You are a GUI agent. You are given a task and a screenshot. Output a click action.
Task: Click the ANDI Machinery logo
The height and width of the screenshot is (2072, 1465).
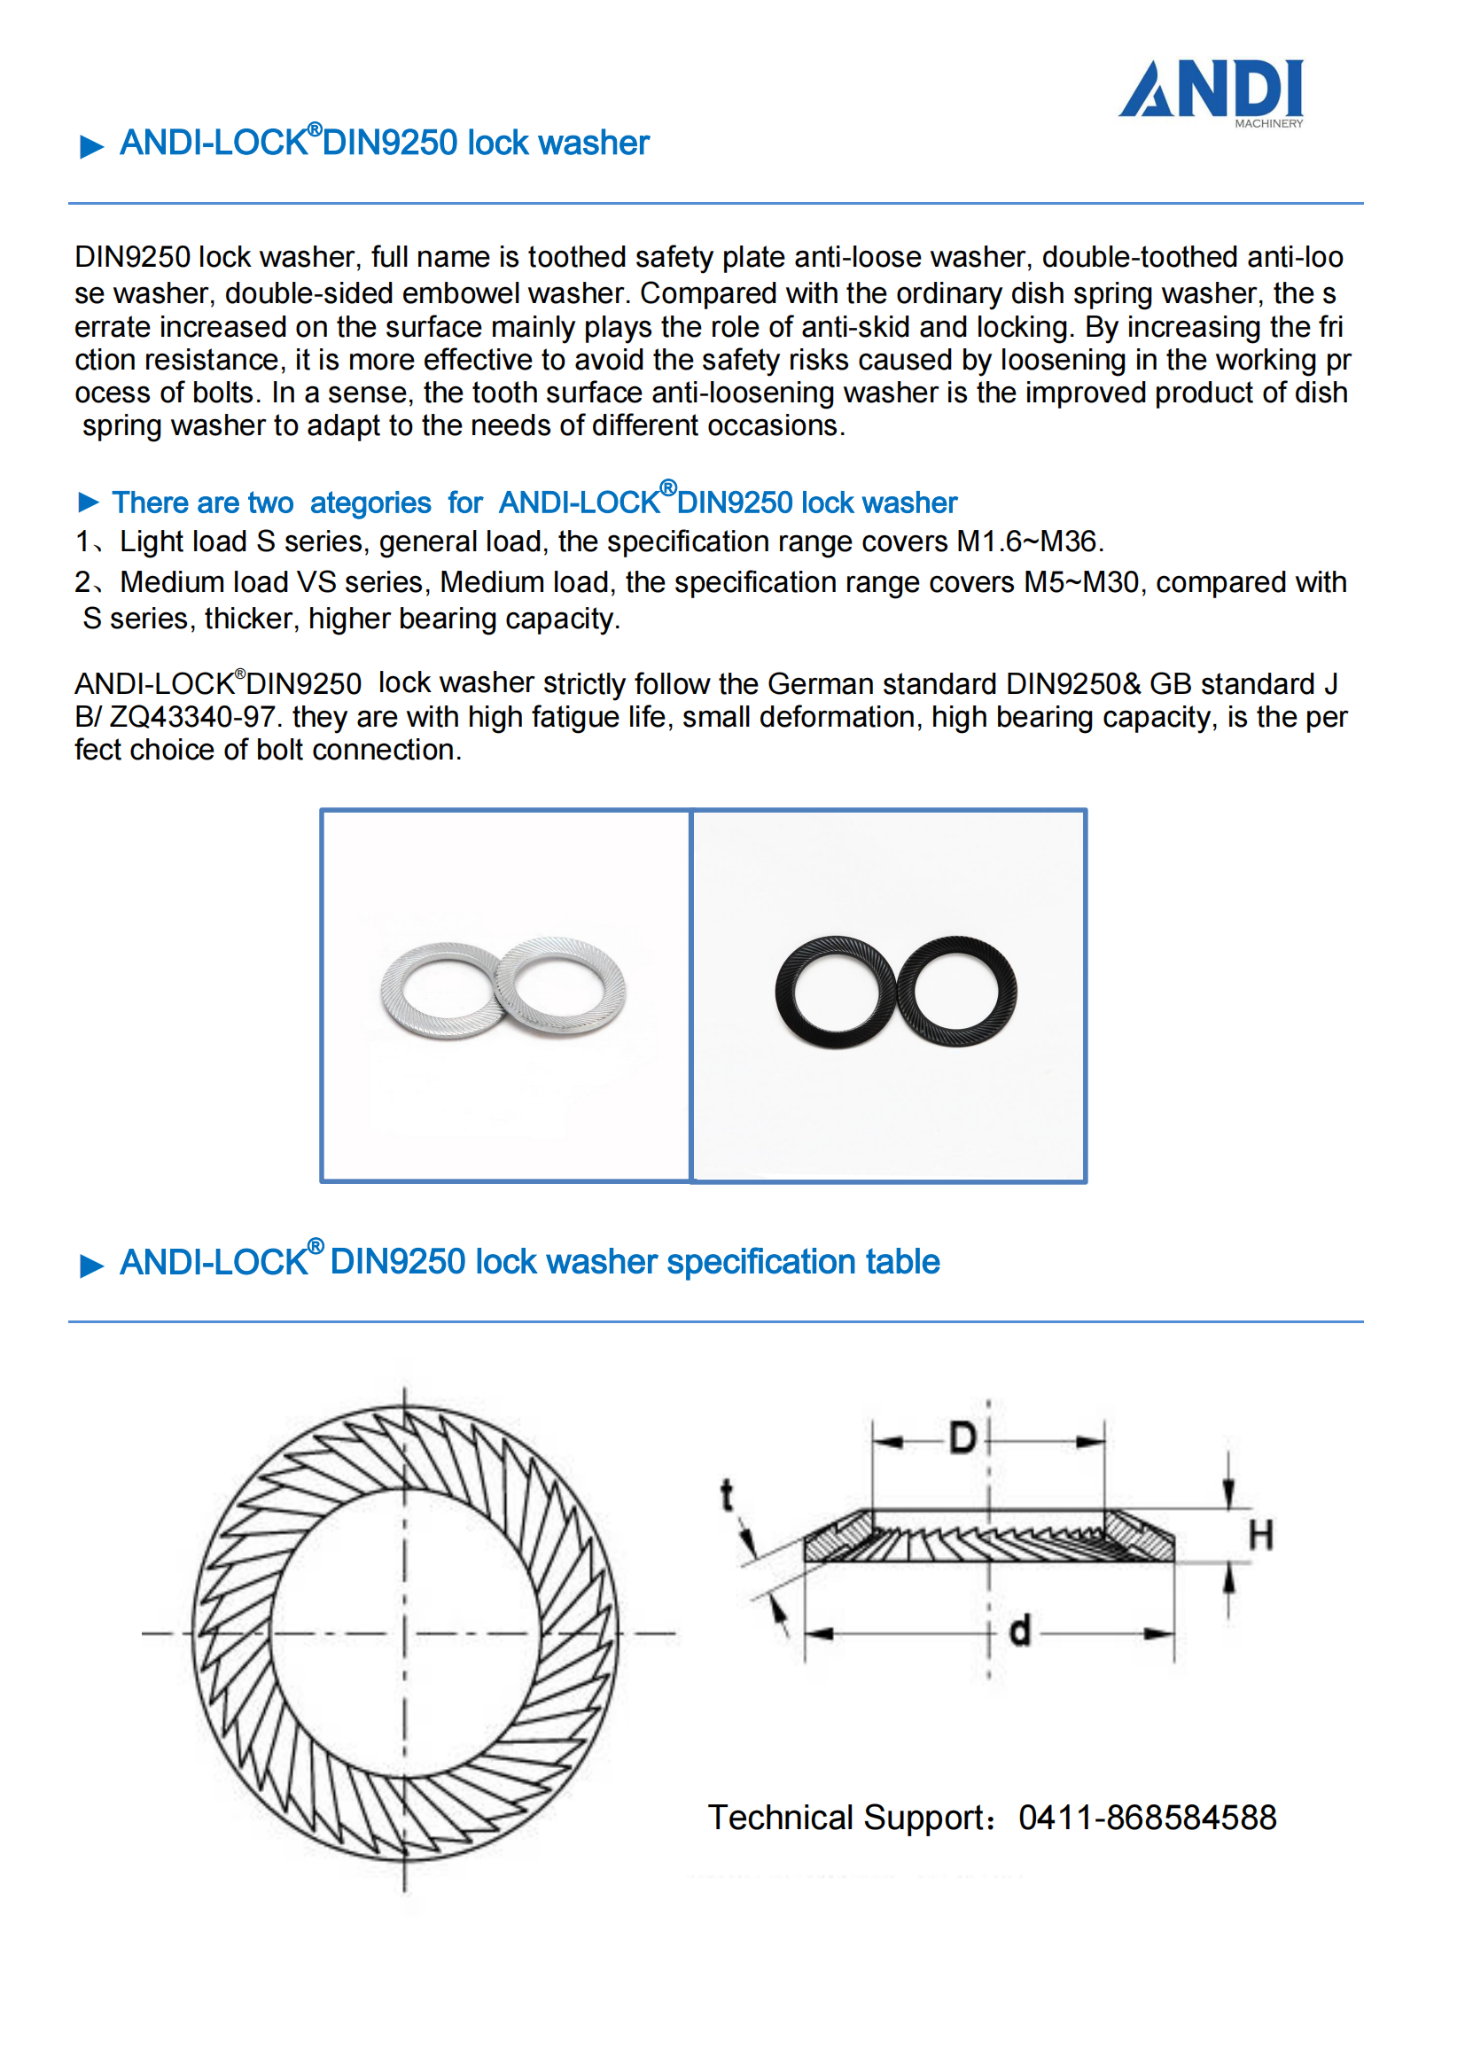coord(1211,92)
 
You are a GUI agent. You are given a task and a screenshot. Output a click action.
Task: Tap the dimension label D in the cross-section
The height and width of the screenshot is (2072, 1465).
coord(962,1437)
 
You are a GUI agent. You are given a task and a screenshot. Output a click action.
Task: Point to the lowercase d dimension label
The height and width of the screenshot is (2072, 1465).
coord(1019,1631)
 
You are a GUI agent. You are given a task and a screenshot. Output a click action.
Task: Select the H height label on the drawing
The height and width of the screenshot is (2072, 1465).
coord(1260,1535)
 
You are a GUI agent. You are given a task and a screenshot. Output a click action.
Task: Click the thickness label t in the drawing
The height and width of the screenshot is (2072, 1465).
coord(727,1495)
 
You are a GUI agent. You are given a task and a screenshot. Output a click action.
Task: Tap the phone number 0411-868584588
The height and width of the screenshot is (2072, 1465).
coord(1146,1818)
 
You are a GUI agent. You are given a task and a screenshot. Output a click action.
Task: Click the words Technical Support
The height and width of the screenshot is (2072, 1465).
coord(849,1818)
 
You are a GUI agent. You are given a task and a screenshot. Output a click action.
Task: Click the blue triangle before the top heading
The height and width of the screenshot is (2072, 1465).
coord(91,146)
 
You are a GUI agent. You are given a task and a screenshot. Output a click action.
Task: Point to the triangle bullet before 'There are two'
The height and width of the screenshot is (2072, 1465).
coord(89,502)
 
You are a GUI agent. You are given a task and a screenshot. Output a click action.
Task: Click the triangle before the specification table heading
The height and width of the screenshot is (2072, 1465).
coord(91,1266)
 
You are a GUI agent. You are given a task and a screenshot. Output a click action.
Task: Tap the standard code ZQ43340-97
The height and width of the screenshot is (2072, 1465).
coord(191,718)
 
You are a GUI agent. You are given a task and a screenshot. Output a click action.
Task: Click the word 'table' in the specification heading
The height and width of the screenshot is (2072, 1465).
coord(901,1262)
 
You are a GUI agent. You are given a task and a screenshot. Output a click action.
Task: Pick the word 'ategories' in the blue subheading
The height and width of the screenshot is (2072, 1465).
coord(370,502)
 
